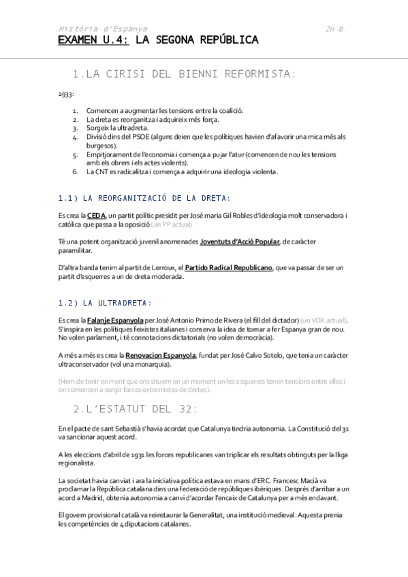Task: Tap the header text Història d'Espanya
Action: pyautogui.click(x=103, y=29)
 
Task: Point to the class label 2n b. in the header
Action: pyautogui.click(x=336, y=29)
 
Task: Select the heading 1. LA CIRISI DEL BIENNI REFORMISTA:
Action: pyautogui.click(x=185, y=73)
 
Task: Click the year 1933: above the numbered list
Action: pyautogui.click(x=66, y=95)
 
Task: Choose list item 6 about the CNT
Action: pyautogui.click(x=182, y=171)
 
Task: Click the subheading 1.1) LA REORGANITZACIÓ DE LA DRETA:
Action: pyautogui.click(x=144, y=198)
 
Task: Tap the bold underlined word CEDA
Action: pyautogui.click(x=96, y=215)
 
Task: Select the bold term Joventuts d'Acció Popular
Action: pyautogui.click(x=231, y=242)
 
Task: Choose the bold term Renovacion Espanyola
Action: pyautogui.click(x=160, y=355)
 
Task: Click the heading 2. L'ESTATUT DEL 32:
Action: pyautogui.click(x=135, y=408)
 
